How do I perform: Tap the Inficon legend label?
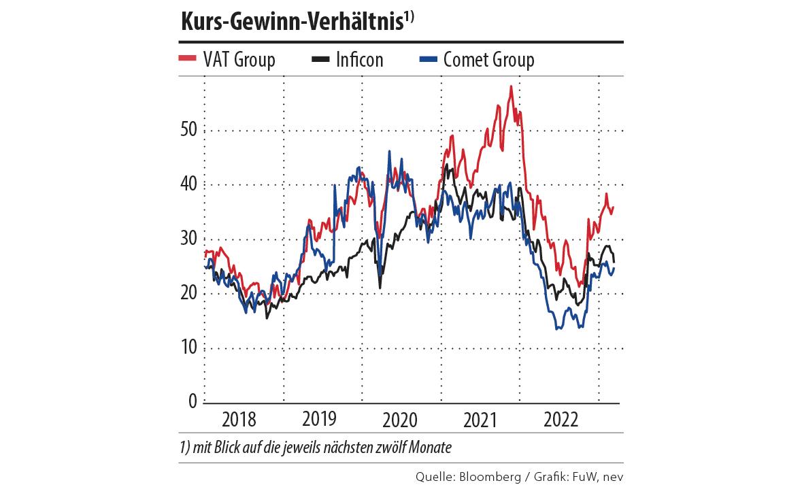(x=359, y=60)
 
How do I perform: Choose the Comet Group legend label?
(x=488, y=60)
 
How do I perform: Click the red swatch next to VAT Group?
(x=188, y=59)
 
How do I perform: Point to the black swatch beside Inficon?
(x=320, y=59)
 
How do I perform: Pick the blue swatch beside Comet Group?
(x=427, y=59)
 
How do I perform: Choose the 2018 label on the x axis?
(x=239, y=419)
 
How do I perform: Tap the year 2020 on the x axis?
(x=400, y=419)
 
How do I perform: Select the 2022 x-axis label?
(x=560, y=419)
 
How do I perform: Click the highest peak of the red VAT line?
(x=510, y=87)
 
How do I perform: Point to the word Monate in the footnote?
(x=430, y=448)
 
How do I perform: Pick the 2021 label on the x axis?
(x=481, y=419)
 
